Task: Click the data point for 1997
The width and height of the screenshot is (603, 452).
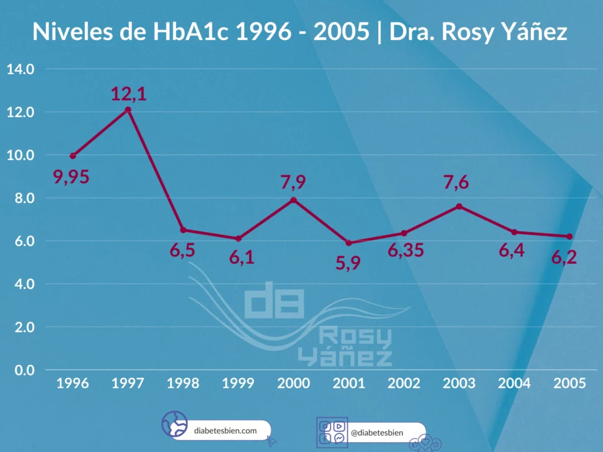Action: [x=128, y=110]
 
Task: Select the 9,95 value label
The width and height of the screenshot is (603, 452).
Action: [x=71, y=177]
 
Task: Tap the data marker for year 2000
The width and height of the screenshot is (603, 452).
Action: [x=293, y=200]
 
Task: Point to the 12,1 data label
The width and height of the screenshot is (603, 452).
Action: [x=128, y=94]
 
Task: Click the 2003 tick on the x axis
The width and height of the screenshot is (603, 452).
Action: [x=459, y=383]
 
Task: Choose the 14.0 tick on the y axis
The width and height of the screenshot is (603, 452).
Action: [x=21, y=69]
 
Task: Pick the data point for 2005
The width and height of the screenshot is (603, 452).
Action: [x=569, y=237]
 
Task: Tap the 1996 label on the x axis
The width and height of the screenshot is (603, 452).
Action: [x=72, y=383]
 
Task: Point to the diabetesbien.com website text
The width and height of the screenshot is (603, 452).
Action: [x=226, y=430]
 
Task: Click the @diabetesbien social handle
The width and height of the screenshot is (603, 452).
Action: [x=377, y=433]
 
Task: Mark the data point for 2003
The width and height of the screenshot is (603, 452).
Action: [x=459, y=207]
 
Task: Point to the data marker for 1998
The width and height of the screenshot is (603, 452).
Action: [x=183, y=230]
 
